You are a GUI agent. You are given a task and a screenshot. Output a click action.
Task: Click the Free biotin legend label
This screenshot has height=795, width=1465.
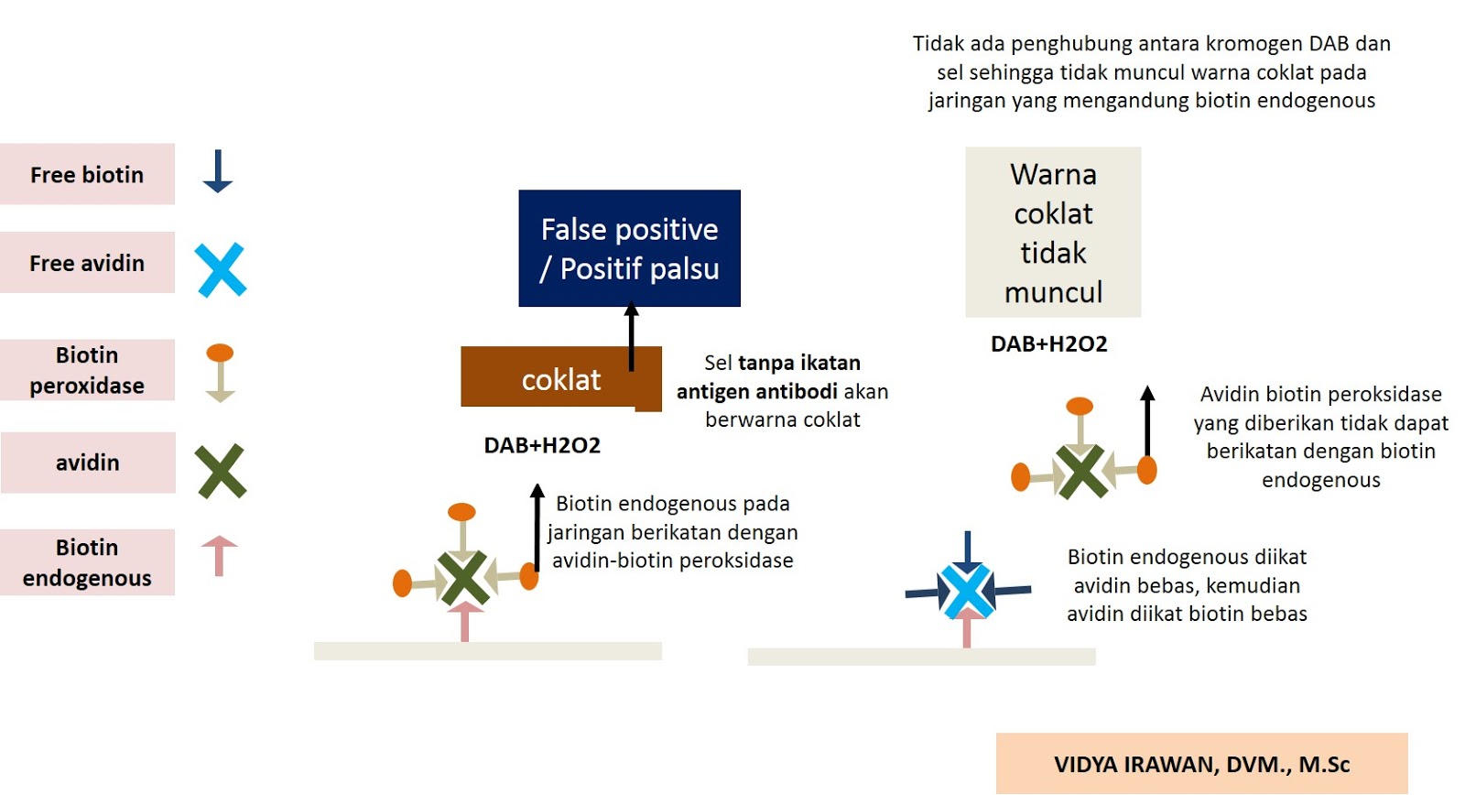(87, 174)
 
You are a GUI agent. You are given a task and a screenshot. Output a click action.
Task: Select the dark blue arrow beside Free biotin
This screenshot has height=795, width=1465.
(218, 171)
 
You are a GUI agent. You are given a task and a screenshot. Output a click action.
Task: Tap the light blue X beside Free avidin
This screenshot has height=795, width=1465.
(221, 269)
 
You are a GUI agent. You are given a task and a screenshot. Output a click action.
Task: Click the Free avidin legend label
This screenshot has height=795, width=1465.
(87, 263)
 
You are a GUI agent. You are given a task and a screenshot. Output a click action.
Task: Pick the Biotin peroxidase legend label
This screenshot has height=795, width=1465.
(87, 370)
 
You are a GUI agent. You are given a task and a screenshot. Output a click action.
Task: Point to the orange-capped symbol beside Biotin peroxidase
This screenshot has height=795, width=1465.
(220, 371)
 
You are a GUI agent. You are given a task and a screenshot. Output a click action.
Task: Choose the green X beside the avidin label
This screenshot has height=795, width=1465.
(221, 471)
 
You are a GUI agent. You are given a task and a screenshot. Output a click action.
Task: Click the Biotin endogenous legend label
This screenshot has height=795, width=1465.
(87, 562)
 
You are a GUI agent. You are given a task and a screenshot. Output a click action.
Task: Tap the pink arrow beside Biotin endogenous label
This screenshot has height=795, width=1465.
(219, 555)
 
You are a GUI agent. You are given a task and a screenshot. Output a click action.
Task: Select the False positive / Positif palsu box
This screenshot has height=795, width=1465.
(629, 248)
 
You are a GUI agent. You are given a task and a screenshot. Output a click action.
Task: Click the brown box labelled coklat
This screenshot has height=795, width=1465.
(560, 379)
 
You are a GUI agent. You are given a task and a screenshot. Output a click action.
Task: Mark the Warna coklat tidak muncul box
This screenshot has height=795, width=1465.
(1053, 233)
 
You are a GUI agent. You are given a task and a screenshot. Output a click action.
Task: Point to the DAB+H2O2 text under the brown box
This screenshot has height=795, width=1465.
(542, 445)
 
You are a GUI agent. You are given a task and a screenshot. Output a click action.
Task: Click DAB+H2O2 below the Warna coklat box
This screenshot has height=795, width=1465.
(1048, 343)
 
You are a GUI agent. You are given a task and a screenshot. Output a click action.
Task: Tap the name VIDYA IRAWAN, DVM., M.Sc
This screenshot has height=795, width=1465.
(1201, 764)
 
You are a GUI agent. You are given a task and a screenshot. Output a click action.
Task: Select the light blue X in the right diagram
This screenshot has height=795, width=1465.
(967, 591)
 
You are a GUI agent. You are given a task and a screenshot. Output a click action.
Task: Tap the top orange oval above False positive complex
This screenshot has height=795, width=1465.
(461, 511)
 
